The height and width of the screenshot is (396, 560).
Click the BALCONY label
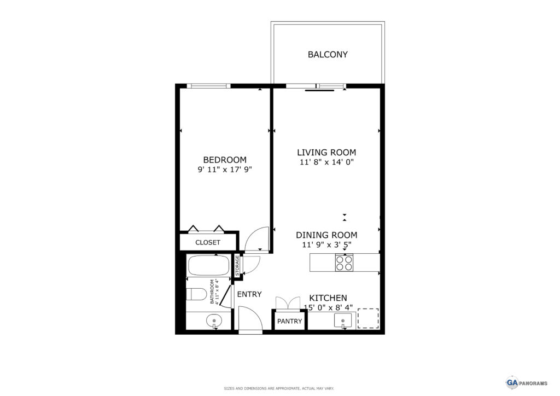(x=328, y=55)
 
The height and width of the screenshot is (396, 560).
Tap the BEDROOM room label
(x=225, y=160)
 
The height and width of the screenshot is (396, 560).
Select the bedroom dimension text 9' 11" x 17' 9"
(x=225, y=169)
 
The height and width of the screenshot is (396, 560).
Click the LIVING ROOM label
(x=326, y=153)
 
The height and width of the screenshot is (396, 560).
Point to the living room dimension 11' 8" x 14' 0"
(x=326, y=162)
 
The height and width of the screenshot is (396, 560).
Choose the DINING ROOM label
(x=326, y=235)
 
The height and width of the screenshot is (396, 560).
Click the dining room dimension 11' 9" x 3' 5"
(x=326, y=244)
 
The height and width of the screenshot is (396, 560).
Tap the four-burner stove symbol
(x=344, y=263)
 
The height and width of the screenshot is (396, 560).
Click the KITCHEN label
(x=328, y=298)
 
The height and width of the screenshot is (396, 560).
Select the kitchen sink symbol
(x=342, y=321)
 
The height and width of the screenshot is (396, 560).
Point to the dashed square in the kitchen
(x=368, y=318)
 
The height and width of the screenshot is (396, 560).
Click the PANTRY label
(x=290, y=322)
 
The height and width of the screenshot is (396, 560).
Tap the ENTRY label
(x=249, y=294)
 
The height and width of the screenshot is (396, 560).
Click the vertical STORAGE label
(x=237, y=266)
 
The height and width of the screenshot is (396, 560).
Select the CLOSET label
(x=208, y=242)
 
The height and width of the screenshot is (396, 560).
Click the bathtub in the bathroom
(x=208, y=266)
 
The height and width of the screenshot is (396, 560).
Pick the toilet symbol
(x=196, y=295)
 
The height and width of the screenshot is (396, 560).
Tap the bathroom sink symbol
(x=214, y=322)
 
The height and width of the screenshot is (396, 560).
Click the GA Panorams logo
(x=527, y=383)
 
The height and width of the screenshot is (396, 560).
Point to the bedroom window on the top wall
(x=208, y=86)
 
